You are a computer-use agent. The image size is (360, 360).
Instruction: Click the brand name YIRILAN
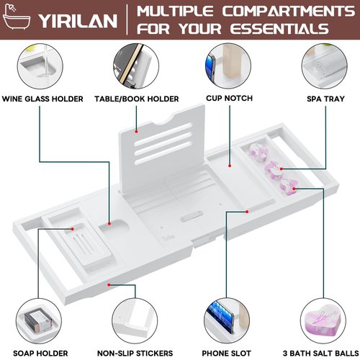[x=78, y=21]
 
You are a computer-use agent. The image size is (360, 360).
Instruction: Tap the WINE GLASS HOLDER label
[x=42, y=99]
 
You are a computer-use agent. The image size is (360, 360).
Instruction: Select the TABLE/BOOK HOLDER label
[x=137, y=99]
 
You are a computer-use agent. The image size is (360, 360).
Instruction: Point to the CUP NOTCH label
[x=229, y=98]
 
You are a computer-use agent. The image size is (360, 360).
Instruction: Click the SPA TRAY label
[x=325, y=99]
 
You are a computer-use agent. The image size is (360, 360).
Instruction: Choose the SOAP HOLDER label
[x=40, y=354]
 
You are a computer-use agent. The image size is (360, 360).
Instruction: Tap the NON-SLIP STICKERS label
[x=135, y=354]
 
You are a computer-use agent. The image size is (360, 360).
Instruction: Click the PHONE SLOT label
[x=226, y=354]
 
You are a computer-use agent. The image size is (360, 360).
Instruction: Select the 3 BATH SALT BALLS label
[x=321, y=354]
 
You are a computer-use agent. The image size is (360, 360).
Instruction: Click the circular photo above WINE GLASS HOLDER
[x=40, y=66]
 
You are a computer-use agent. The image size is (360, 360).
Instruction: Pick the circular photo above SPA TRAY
[x=325, y=66]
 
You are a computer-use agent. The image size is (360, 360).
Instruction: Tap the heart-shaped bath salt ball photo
[x=323, y=321]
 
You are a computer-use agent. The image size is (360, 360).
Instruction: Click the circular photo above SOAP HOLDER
[x=39, y=321]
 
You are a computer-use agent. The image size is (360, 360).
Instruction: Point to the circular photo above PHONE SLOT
[x=227, y=321]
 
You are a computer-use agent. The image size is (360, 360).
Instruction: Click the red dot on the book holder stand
[x=136, y=132]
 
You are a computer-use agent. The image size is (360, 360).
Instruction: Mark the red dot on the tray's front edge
[x=109, y=284]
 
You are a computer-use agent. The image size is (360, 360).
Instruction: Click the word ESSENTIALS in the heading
[x=279, y=29]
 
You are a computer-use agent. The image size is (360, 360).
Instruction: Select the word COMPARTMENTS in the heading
[x=288, y=11]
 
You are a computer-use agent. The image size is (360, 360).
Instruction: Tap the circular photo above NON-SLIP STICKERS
[x=135, y=321]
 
